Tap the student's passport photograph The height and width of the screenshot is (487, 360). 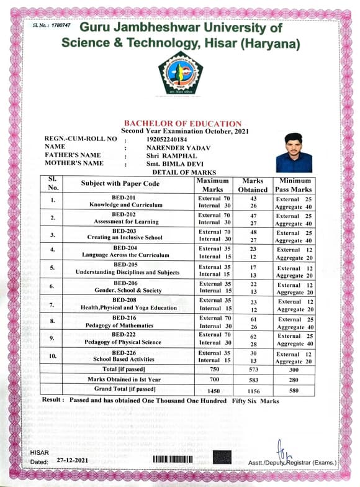tap(294, 152)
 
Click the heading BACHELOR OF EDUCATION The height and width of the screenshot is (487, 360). tap(182, 124)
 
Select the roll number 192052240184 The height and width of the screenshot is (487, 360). tap(165, 139)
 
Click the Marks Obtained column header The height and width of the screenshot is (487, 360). tap(253, 185)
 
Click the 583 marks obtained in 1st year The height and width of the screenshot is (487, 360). tap(253, 380)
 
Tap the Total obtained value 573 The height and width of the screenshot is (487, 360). tap(253, 370)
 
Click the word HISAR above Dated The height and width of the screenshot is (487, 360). tap(40, 453)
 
